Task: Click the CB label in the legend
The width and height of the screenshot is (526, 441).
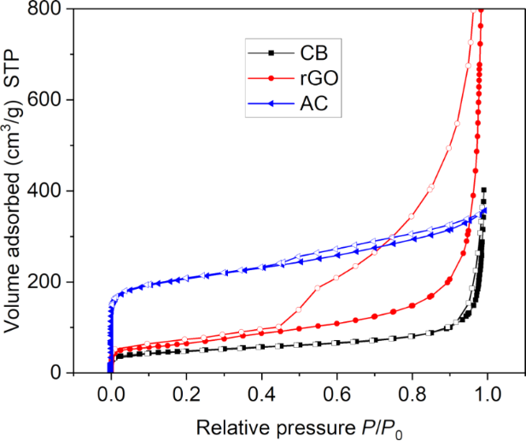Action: point(313,50)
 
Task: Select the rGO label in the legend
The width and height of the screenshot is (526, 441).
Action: point(319,78)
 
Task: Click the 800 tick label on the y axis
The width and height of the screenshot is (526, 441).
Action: point(48,9)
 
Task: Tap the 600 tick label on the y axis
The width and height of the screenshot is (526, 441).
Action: point(48,100)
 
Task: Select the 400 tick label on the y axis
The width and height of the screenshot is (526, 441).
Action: point(48,191)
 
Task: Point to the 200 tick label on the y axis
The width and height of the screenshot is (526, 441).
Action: point(48,282)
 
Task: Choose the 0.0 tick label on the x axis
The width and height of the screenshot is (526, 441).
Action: point(110,396)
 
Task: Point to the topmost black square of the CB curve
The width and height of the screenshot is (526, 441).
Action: point(484,191)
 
